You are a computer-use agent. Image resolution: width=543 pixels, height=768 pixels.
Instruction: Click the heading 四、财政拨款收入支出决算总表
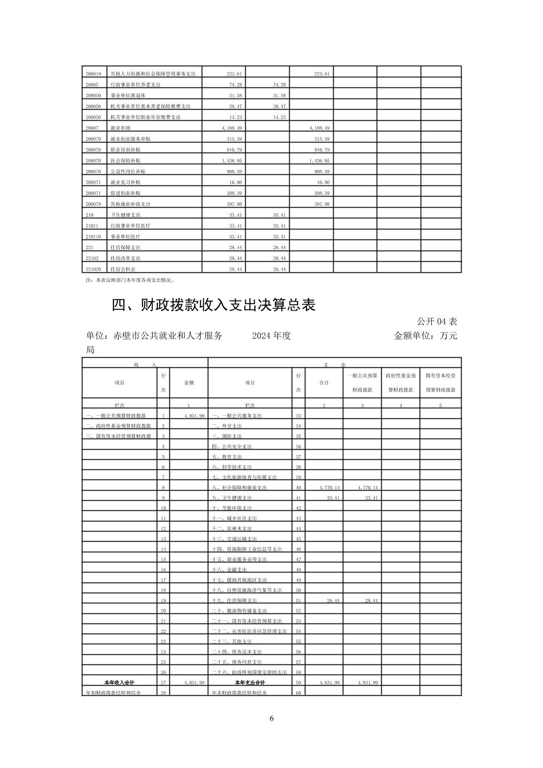(x=213, y=305)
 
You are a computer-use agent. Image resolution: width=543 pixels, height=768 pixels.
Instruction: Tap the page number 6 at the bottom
(x=271, y=718)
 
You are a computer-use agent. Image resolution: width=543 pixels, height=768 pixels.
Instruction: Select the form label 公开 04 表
(x=437, y=321)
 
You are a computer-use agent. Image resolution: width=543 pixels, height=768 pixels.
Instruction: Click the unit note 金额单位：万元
(x=425, y=336)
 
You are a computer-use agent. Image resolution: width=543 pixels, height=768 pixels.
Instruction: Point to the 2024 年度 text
(x=271, y=336)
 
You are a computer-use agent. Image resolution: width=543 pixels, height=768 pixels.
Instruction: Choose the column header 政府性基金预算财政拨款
(x=400, y=382)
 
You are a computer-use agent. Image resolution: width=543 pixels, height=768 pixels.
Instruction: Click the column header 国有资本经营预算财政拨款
(x=440, y=382)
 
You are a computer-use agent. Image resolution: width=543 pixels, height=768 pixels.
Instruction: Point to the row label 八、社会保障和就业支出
(x=239, y=488)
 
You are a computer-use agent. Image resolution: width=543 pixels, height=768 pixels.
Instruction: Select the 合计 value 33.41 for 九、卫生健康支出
(x=329, y=498)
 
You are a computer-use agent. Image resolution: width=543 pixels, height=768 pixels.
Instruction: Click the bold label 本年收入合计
(x=120, y=682)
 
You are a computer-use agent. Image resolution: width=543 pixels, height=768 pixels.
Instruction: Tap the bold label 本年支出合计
(x=250, y=682)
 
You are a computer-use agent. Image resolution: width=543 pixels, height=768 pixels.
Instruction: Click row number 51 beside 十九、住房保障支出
(x=298, y=600)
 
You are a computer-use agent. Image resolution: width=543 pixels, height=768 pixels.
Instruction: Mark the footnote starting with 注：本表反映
(x=130, y=279)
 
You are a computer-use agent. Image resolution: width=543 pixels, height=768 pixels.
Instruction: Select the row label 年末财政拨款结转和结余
(x=239, y=693)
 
